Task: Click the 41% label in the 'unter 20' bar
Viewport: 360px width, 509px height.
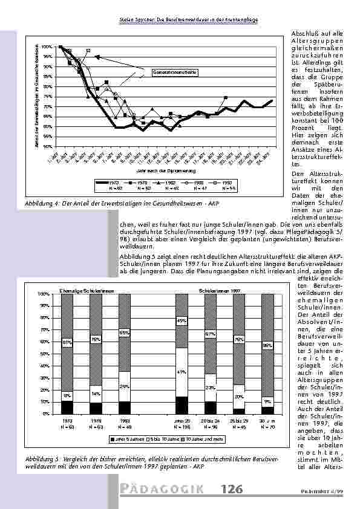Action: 181,372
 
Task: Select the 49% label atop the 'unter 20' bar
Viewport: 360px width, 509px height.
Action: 181,321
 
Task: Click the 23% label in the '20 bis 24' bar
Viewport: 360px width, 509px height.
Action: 211,387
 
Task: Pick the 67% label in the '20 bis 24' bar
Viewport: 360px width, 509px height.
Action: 211,334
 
